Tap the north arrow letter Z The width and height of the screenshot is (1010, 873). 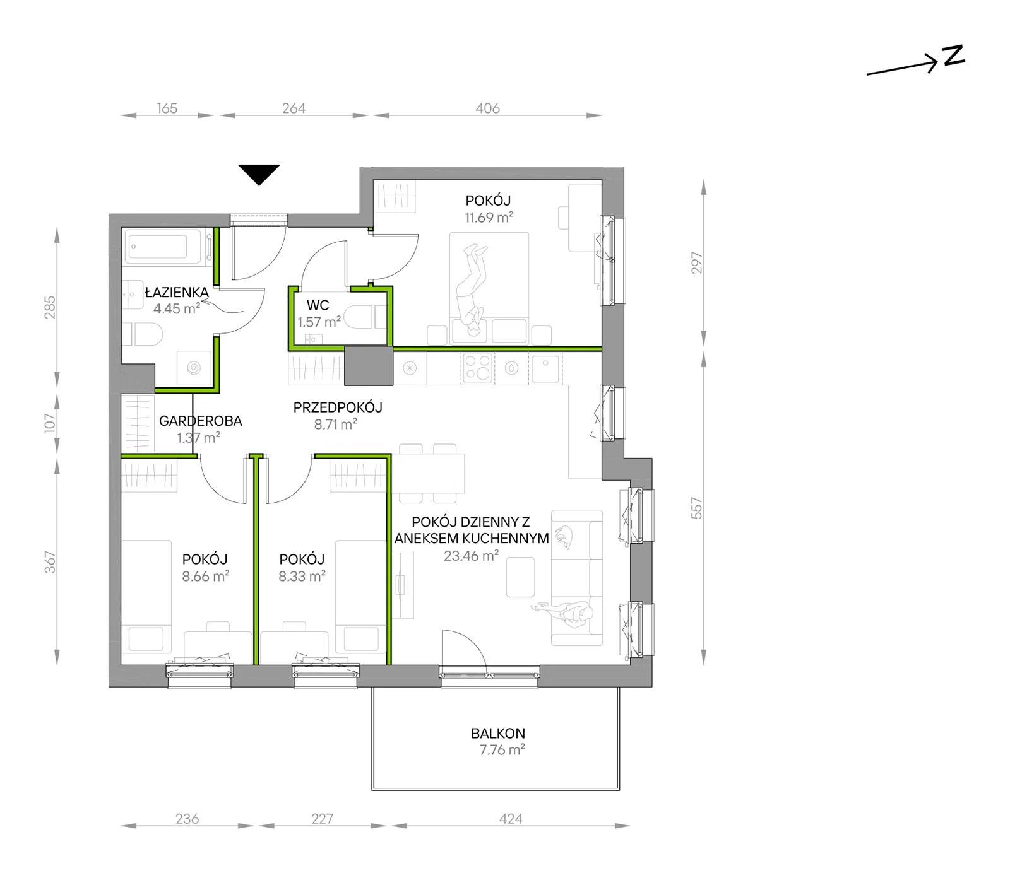pyautogui.click(x=954, y=56)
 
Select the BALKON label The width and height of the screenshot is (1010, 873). pyautogui.click(x=498, y=733)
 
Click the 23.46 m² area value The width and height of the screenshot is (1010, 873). pyautogui.click(x=472, y=556)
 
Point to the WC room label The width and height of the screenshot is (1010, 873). pyautogui.click(x=318, y=305)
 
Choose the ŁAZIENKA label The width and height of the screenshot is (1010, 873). pyautogui.click(x=177, y=292)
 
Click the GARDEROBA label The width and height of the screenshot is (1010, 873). pyautogui.click(x=201, y=421)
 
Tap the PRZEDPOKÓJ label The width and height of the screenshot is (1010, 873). pyautogui.click(x=338, y=407)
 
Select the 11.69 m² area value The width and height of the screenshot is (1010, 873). pyautogui.click(x=489, y=218)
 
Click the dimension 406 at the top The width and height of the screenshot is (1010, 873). pyautogui.click(x=487, y=108)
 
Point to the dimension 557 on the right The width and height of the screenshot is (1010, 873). pyautogui.click(x=696, y=508)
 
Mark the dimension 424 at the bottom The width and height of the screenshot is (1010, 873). pyautogui.click(x=511, y=819)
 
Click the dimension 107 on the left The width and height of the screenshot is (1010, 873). pyautogui.click(x=50, y=423)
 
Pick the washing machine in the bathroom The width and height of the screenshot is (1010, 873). pyautogui.click(x=194, y=368)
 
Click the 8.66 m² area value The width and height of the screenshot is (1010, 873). pyautogui.click(x=205, y=576)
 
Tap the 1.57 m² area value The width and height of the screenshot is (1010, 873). pyautogui.click(x=319, y=322)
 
